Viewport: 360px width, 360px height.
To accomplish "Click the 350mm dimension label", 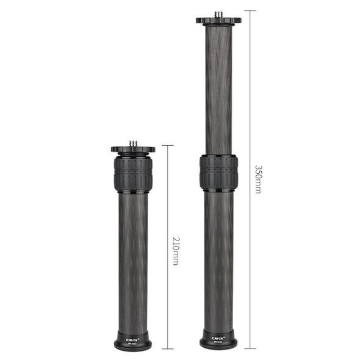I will click(x=258, y=179).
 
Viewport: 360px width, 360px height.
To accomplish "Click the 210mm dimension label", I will click(x=175, y=250).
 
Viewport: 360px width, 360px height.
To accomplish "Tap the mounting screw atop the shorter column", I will click(x=132, y=143).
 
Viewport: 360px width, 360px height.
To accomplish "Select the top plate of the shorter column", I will click(x=132, y=149).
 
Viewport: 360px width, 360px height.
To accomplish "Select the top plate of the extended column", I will click(x=218, y=20).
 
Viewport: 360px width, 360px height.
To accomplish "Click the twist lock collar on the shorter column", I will click(x=132, y=175).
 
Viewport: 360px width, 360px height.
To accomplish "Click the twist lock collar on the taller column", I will click(x=218, y=173).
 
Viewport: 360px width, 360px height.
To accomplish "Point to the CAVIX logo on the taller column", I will click(x=218, y=334).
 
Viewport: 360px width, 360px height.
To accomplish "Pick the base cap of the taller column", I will click(x=218, y=340).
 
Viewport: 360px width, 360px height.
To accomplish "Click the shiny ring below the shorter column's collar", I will click(x=132, y=193).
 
